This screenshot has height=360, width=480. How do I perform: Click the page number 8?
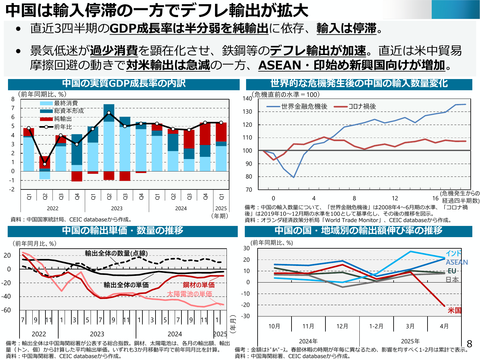pyautogui.click(x=469, y=344)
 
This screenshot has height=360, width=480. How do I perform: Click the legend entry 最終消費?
pyautogui.click(x=66, y=103)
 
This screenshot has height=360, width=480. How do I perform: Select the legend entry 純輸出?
pyautogui.click(x=63, y=119)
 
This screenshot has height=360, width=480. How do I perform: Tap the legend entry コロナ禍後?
pyautogui.click(x=362, y=107)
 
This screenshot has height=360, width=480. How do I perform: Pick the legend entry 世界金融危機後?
pyautogui.click(x=304, y=107)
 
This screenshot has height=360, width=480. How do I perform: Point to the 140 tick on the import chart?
pyautogui.click(x=247, y=99)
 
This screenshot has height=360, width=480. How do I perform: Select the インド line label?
pyautogui.click(x=453, y=253)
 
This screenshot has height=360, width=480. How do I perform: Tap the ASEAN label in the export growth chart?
pyautogui.click(x=457, y=262)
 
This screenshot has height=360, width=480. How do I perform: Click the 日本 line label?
pyautogui.click(x=452, y=280)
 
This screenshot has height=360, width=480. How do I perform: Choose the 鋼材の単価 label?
pyautogui.click(x=198, y=285)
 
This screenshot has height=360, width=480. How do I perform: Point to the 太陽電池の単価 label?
pyautogui.click(x=189, y=294)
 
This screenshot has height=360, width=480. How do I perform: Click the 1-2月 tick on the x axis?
pyautogui.click(x=376, y=326)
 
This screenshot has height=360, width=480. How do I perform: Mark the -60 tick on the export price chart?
pyautogui.click(x=6, y=310)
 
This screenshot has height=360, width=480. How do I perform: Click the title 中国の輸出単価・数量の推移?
pyautogui.click(x=123, y=231)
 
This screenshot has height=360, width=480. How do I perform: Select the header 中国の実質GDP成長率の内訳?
pyautogui.click(x=124, y=84)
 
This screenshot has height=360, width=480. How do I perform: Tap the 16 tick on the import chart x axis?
pyautogui.click(x=435, y=198)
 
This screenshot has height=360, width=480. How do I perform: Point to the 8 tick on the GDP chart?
pyautogui.click(x=13, y=99)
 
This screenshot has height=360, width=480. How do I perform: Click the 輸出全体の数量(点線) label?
pyautogui.click(x=116, y=253)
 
